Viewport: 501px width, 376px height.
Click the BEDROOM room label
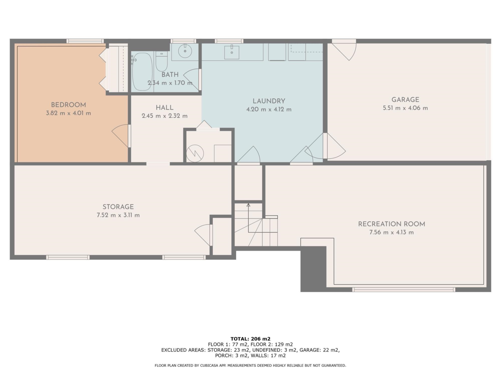pos(68,105)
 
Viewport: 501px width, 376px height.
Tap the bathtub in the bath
pos(142,71)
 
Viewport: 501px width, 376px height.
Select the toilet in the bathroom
pos(162,61)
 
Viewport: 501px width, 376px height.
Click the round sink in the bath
pos(185,51)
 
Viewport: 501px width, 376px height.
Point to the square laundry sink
pos(232,53)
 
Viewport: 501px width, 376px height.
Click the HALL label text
pos(164,108)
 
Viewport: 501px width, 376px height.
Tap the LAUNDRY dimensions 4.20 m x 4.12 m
pos(269,109)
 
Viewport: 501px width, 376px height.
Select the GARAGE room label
pos(405,100)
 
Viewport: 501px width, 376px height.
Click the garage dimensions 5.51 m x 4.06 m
pos(405,108)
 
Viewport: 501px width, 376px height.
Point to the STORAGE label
pos(118,207)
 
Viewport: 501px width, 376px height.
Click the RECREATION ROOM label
pos(392,224)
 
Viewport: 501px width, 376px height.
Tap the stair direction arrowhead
pos(248,205)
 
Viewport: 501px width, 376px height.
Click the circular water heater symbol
pos(195,153)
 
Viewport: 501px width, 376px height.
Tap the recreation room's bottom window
pos(404,290)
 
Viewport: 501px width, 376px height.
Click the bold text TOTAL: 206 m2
pos(250,339)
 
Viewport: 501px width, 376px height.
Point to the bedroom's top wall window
pos(85,41)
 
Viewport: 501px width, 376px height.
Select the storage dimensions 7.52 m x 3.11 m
pos(118,215)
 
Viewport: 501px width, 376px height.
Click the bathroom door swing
pos(192,79)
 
